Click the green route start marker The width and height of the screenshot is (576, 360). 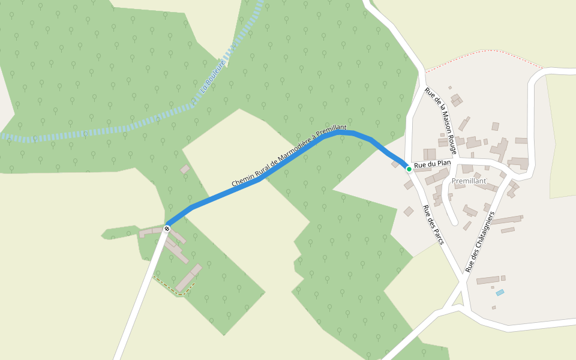409,169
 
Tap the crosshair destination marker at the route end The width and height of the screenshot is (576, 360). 167,229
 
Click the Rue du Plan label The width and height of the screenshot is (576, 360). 432,164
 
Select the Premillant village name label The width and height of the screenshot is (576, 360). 469,181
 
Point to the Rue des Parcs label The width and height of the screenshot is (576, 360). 433,224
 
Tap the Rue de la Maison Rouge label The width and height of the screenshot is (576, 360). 441,121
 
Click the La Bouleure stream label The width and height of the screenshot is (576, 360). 214,76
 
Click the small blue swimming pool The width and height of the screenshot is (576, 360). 500,293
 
